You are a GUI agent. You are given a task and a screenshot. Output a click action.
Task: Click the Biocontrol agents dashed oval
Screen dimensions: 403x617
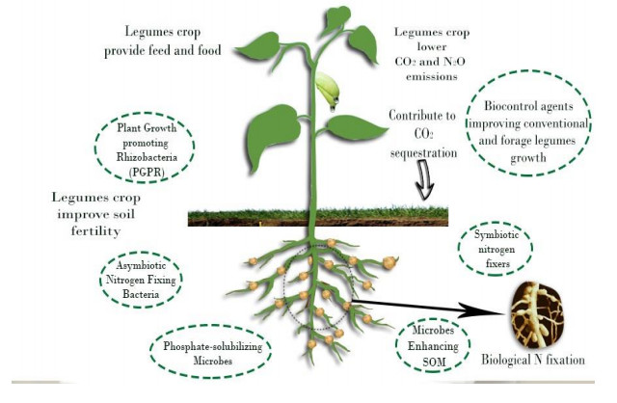click(x=534, y=124)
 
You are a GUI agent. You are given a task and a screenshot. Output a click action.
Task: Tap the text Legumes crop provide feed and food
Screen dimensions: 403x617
click(x=165, y=41)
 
